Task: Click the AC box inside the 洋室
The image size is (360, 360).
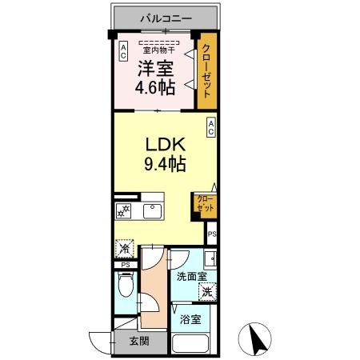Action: (x=123, y=52)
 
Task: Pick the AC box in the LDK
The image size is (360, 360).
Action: (x=211, y=126)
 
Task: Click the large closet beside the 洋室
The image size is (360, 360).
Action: (x=207, y=71)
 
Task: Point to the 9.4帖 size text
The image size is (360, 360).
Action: (x=165, y=166)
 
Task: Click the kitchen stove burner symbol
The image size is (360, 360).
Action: (x=124, y=211)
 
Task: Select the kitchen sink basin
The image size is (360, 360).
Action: (x=151, y=211)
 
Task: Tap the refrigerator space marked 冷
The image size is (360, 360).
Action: (x=124, y=249)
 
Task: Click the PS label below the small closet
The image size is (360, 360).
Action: (x=211, y=234)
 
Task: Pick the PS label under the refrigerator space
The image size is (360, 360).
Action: (x=125, y=265)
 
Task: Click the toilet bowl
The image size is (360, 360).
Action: (x=124, y=284)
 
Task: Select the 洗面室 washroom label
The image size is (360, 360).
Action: (x=192, y=277)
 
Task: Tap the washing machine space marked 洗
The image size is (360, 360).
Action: (x=207, y=292)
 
